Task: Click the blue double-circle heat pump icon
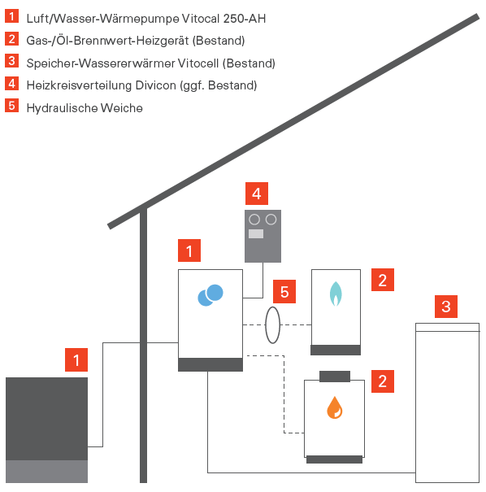coord(210,295)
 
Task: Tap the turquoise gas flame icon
coord(336,294)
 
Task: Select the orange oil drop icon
coord(335,407)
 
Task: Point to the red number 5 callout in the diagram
coord(284,291)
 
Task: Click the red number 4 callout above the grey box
coord(257,194)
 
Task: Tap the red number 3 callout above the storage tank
coord(446,307)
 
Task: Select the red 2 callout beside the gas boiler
coord(383,280)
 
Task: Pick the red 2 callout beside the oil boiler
coord(383,381)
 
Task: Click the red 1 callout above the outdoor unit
coord(76,359)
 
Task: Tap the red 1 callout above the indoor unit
coord(189,250)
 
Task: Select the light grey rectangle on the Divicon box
coord(256,233)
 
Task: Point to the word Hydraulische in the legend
coord(62,108)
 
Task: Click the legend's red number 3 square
coord(11,60)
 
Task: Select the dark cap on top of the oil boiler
coord(335,377)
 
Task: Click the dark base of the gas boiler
coord(336,350)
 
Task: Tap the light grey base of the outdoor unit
coord(46,472)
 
